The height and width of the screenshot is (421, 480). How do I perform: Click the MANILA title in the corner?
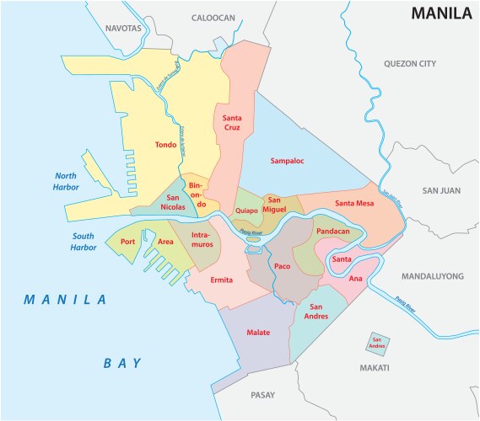(440, 13)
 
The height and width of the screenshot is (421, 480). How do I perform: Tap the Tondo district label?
(165, 145)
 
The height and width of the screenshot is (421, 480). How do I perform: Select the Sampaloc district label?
(287, 159)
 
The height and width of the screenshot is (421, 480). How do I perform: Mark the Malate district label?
(258, 333)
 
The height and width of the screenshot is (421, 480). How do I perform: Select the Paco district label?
(283, 267)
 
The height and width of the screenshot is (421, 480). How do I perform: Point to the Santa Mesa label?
(355, 203)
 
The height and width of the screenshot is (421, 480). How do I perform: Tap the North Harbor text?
(67, 181)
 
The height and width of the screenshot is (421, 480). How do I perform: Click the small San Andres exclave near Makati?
(375, 343)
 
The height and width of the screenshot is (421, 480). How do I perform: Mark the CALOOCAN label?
(214, 17)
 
